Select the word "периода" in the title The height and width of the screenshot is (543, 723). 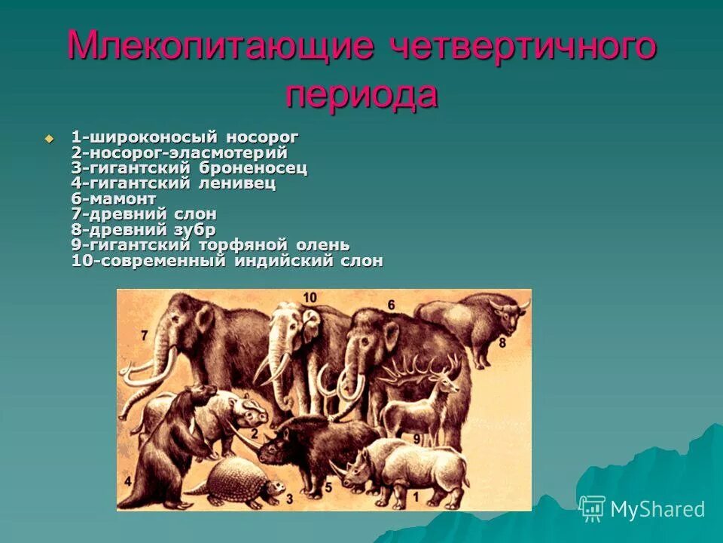click(x=361, y=95)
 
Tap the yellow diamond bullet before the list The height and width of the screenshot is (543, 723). click(x=50, y=138)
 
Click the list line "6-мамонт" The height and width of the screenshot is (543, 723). click(x=114, y=199)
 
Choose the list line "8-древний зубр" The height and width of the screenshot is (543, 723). click(x=143, y=230)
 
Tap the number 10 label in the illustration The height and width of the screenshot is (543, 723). click(x=310, y=297)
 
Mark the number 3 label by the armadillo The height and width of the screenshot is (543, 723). click(x=288, y=499)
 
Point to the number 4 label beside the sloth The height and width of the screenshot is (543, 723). click(x=128, y=480)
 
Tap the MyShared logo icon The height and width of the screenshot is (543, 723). click(x=593, y=509)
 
